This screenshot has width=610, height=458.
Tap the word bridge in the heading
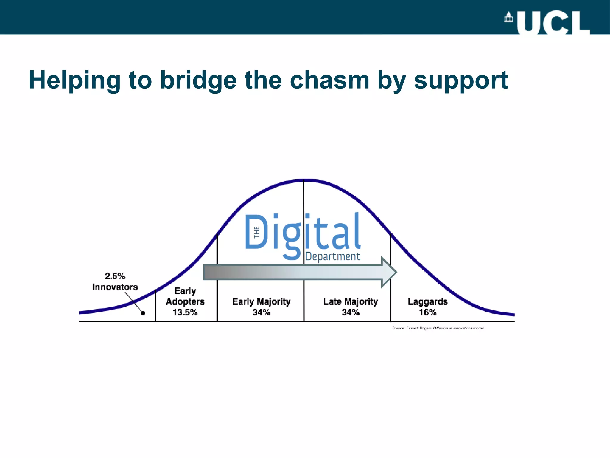coord(198,81)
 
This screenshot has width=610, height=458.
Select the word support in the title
coord(461,81)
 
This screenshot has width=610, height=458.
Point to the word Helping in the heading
coord(74,81)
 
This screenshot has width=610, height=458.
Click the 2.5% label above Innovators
coord(115,276)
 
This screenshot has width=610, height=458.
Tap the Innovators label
coord(115,287)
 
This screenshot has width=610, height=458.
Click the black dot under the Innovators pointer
coord(143,313)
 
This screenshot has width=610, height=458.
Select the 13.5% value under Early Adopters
coord(185,312)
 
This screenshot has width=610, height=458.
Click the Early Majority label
coord(261,301)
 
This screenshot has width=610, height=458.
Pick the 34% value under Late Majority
coord(351,312)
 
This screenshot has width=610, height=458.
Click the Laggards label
coord(427,301)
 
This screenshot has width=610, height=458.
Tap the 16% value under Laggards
coord(428,312)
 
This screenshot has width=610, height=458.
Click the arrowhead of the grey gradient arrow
coord(389,272)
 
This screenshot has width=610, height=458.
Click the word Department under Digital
coord(332,256)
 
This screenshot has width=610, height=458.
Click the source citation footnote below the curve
coord(438,328)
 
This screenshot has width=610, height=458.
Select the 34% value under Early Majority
coord(261,312)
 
